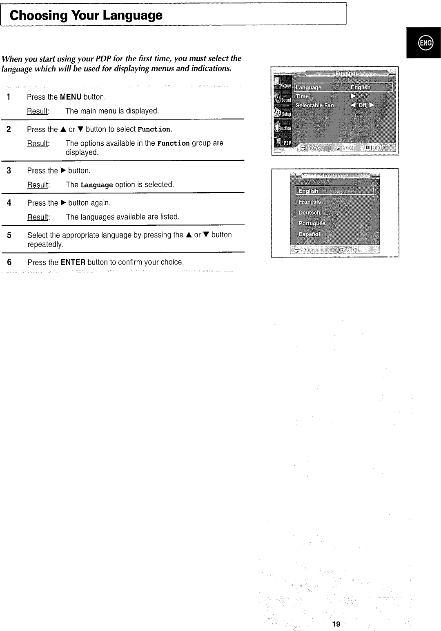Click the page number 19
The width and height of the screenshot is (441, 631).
click(336, 624)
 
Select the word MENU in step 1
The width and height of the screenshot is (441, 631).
click(71, 97)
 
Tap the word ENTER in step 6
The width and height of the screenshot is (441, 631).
click(73, 262)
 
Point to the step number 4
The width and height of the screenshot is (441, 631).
click(9, 203)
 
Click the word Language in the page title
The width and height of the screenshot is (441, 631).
click(133, 16)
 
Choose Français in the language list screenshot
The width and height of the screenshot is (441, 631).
click(310, 202)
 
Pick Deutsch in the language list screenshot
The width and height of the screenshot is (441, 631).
click(310, 213)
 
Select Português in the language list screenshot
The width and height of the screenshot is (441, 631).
click(312, 223)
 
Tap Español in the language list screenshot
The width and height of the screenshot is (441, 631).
click(309, 234)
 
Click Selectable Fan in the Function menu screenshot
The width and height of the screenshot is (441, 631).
click(314, 105)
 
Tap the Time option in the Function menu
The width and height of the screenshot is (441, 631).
click(302, 96)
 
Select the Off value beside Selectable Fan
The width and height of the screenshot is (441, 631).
click(362, 105)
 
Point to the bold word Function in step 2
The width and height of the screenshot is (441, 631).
click(154, 130)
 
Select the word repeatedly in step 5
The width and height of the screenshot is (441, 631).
click(45, 244)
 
